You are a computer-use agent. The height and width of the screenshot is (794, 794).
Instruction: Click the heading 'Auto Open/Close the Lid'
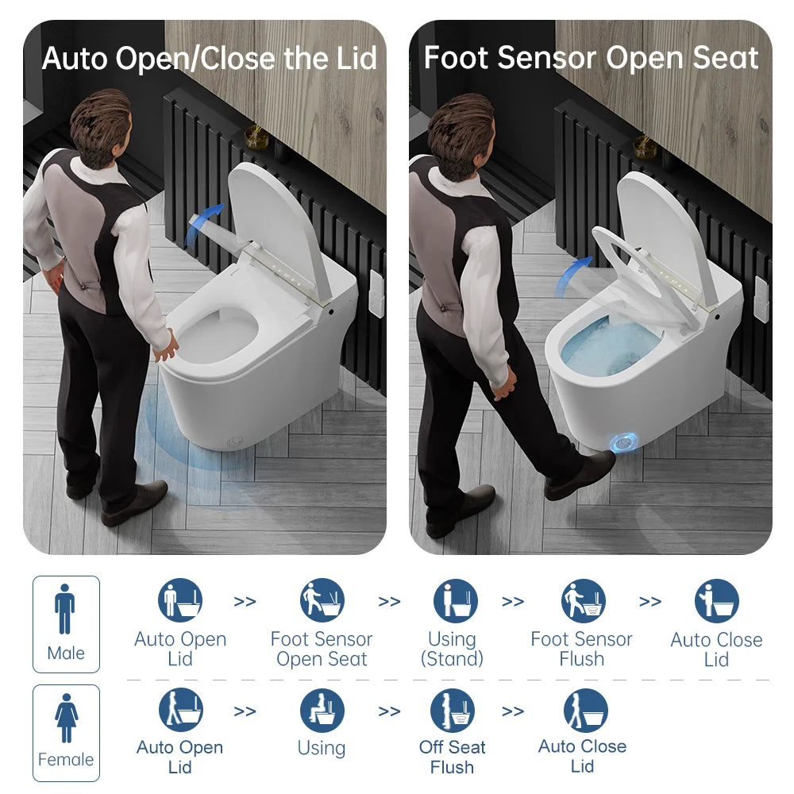coord(209,58)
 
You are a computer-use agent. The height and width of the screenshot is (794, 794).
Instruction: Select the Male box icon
coord(66,623)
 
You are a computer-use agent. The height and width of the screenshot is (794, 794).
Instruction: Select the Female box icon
coord(66,732)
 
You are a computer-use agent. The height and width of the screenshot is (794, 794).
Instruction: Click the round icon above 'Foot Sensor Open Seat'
coord(322,600)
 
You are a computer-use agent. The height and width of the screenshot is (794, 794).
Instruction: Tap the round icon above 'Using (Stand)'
coord(455,600)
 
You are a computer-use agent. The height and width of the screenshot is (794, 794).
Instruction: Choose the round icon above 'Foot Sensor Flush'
coord(584,600)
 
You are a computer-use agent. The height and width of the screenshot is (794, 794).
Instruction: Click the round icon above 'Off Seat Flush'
coord(453,710)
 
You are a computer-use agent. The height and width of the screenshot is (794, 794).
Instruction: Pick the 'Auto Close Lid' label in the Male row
coord(715,649)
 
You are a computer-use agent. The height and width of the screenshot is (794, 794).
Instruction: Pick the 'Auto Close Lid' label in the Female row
coord(582,756)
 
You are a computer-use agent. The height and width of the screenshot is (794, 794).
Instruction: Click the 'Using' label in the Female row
coord(322,748)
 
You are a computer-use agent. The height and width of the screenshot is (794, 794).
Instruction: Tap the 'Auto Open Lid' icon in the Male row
coord(180,600)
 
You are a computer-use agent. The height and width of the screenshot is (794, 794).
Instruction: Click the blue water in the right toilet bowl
coord(611,349)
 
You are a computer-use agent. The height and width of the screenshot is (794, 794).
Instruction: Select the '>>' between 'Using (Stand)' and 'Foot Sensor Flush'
coord(513,602)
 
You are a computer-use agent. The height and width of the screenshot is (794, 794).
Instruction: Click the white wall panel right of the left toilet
coord(376,293)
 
